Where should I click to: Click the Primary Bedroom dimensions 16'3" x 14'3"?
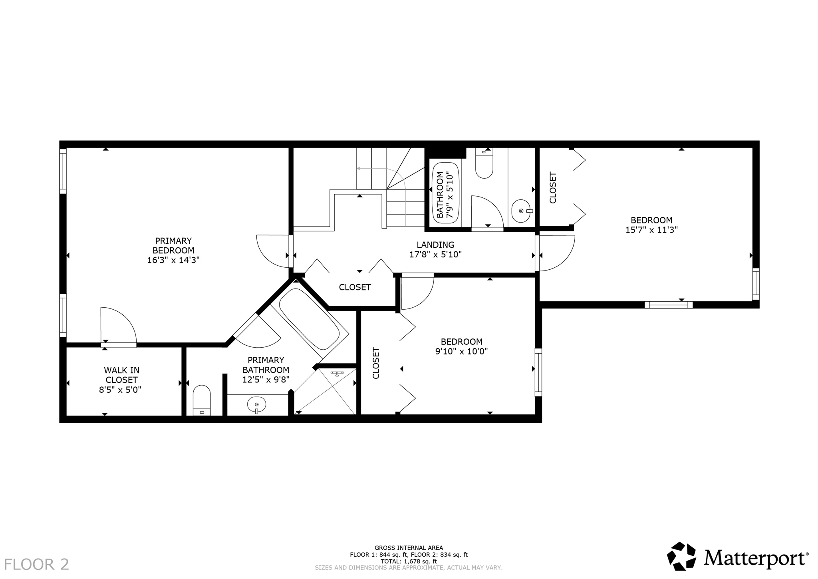(x=173, y=260)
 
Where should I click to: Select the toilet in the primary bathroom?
(x=202, y=400)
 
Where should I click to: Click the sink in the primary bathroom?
(x=256, y=405)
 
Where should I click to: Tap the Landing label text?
(x=435, y=245)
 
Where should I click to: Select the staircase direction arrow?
(x=358, y=169)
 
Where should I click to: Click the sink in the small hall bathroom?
(x=522, y=211)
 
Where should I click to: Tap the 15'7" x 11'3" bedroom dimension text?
(x=651, y=230)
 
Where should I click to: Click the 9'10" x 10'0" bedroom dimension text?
(x=461, y=352)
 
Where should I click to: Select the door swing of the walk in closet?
(x=118, y=324)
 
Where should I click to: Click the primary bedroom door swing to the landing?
(x=273, y=251)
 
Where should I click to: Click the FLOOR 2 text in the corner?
(x=36, y=565)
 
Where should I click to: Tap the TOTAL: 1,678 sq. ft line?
(x=409, y=561)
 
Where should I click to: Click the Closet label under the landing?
(x=355, y=287)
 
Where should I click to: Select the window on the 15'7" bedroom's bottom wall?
(x=668, y=305)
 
